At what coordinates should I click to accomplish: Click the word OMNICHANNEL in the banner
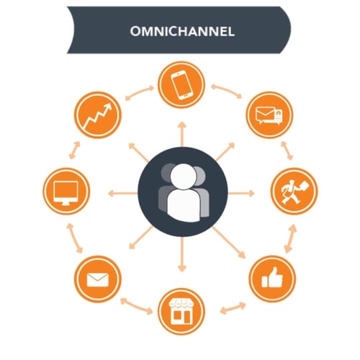point(182,31)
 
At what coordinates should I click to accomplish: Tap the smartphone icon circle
point(181,85)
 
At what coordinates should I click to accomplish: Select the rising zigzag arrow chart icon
point(98,116)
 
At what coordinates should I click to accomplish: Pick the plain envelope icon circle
point(98,279)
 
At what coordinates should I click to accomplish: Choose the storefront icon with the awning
point(181,312)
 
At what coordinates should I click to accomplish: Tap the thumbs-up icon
point(272,278)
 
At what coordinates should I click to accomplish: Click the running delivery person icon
point(294,192)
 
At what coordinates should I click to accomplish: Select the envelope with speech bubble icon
point(269,115)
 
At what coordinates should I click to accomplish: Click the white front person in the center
point(184,193)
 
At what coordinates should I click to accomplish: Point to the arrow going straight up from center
point(182,134)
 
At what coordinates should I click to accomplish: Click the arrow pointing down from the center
point(182,254)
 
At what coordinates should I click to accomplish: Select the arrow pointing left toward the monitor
point(122,193)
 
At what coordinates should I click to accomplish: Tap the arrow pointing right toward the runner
point(241,193)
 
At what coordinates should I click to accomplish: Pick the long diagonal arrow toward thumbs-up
point(229,243)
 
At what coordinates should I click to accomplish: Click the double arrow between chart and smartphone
point(140,92)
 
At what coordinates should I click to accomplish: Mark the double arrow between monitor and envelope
point(74,238)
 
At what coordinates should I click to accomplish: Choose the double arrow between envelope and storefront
point(136,306)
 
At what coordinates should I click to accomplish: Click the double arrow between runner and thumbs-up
point(290,238)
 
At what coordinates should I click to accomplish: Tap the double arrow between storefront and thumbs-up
point(233,308)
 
